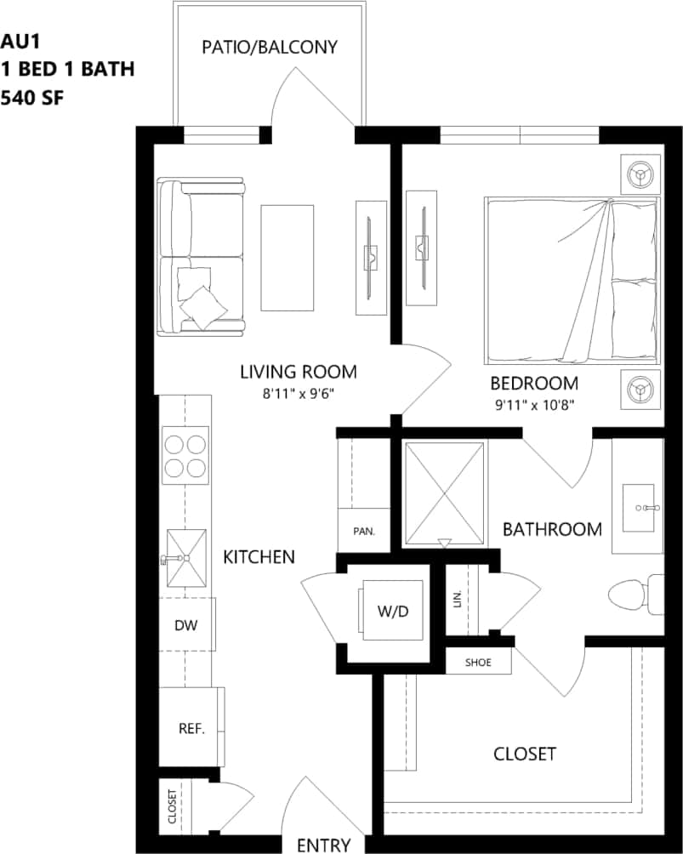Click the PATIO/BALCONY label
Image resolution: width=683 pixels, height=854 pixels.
pyautogui.click(x=270, y=47)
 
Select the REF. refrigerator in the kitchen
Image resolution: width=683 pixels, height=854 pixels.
pyautogui.click(x=191, y=729)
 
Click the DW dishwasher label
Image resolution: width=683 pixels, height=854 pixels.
pyautogui.click(x=186, y=626)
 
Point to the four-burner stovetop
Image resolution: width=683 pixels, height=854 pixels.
pyautogui.click(x=185, y=455)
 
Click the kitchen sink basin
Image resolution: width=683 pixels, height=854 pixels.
pyautogui.click(x=186, y=558)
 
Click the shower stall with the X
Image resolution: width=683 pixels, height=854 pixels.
pyautogui.click(x=442, y=493)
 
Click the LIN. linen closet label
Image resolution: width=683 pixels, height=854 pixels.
pyautogui.click(x=458, y=599)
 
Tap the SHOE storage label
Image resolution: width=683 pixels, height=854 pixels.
pyautogui.click(x=479, y=662)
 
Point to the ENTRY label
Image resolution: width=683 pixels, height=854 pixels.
pyautogui.click(x=323, y=845)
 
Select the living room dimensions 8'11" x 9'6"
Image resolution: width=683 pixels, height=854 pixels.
pyautogui.click(x=297, y=394)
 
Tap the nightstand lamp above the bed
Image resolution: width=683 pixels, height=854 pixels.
pyautogui.click(x=640, y=174)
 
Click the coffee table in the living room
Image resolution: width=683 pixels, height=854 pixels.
pyautogui.click(x=287, y=258)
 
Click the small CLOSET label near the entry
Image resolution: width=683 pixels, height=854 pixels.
pyautogui.click(x=173, y=806)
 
